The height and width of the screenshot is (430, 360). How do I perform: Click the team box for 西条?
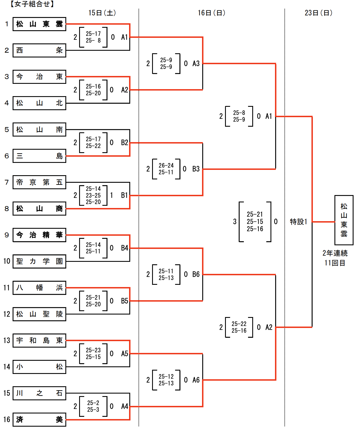tap(39, 50)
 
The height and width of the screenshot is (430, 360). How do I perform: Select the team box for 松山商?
tap(39, 209)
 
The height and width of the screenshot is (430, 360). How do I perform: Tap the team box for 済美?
tap(39, 420)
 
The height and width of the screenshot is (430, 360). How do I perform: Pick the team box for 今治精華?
tap(39, 235)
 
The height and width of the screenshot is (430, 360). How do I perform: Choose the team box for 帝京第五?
tap(39, 182)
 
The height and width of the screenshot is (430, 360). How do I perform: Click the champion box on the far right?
tap(344, 220)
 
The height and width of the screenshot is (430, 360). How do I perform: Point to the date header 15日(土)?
tap(102, 13)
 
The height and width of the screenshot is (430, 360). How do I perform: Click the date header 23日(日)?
tap(318, 13)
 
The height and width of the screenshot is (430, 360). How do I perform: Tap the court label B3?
tap(196, 169)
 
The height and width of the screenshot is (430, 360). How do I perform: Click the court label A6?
tap(196, 380)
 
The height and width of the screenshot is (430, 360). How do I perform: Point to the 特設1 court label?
tap(299, 222)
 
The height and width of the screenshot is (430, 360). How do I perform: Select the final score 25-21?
tap(255, 214)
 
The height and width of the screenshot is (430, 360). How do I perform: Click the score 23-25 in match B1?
tap(93, 195)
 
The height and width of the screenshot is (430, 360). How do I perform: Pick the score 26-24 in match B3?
tap(166, 165)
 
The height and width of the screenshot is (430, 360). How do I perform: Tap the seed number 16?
tap(7, 420)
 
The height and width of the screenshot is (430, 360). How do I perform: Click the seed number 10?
tap(7, 261)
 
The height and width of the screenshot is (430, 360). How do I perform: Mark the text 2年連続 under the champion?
tap(335, 253)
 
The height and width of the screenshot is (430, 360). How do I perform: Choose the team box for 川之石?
tap(39, 393)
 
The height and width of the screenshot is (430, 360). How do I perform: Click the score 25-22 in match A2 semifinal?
tap(239, 324)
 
